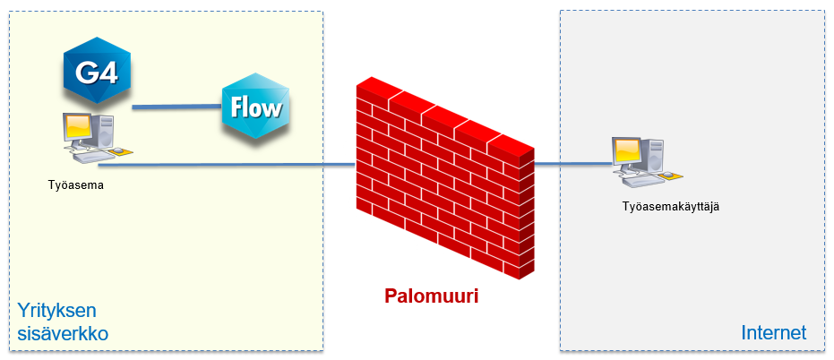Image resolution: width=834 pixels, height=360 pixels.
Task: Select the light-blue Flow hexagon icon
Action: [x=257, y=107]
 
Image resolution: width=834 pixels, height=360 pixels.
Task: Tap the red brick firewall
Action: [x=443, y=179]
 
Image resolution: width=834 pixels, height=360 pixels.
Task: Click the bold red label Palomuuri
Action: [x=432, y=296]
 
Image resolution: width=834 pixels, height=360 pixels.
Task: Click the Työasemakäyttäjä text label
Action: [x=672, y=207]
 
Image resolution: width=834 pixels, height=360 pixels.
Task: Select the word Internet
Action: [x=774, y=333]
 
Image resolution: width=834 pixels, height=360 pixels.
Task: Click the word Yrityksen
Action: [x=56, y=312]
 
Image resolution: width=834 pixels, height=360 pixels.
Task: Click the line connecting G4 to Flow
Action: [x=177, y=107]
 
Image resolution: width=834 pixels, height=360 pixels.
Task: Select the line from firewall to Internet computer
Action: [x=573, y=165]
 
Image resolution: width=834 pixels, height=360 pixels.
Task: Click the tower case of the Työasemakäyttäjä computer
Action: [x=654, y=158]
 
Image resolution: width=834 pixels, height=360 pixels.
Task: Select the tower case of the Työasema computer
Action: [x=105, y=133]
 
